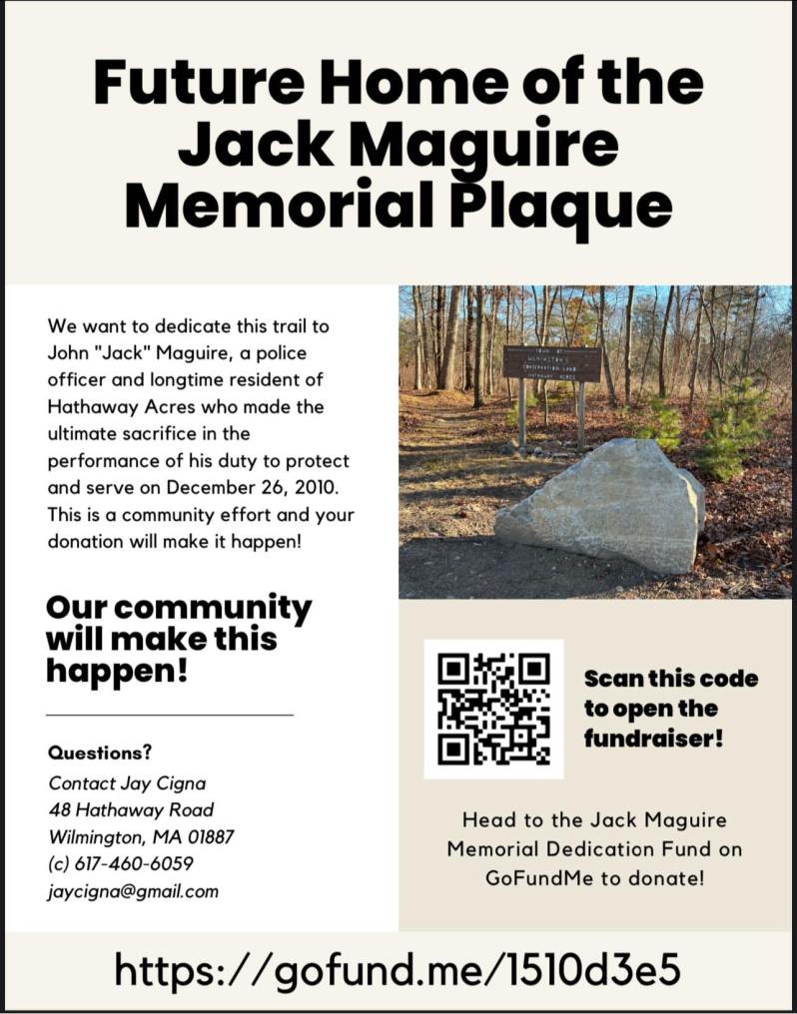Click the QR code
click(493, 709)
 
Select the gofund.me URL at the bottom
click(398, 968)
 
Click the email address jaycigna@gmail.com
click(132, 891)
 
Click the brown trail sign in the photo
click(551, 364)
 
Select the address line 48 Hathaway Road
click(131, 809)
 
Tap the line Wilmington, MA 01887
click(141, 836)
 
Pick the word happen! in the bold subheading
click(117, 671)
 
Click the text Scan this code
click(670, 679)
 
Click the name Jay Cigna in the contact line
click(162, 782)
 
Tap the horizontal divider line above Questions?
click(170, 715)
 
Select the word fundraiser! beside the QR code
click(653, 741)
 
